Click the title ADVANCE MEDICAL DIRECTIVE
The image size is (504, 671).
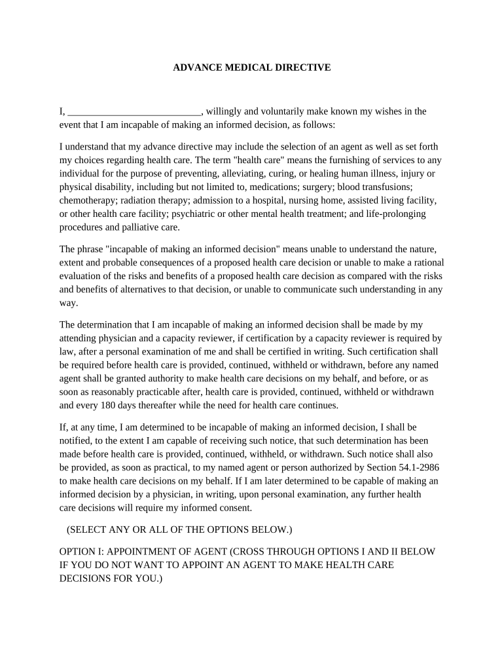click(x=251, y=67)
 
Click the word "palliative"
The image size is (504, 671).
click(x=141, y=227)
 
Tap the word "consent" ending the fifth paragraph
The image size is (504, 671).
click(x=233, y=507)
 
